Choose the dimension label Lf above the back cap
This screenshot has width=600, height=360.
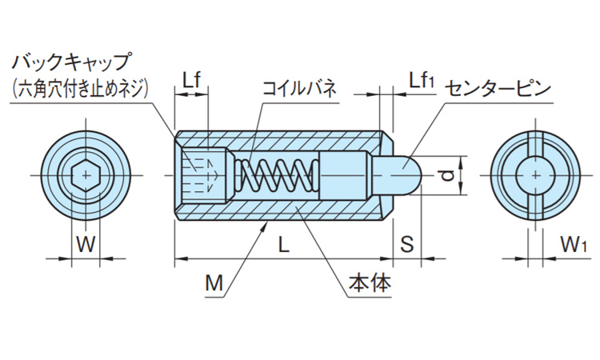pyautogui.click(x=191, y=80)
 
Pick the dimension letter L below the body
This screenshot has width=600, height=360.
pyautogui.click(x=284, y=246)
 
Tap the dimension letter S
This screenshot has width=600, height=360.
pyautogui.click(x=406, y=246)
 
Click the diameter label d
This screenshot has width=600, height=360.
pyautogui.click(x=449, y=173)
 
